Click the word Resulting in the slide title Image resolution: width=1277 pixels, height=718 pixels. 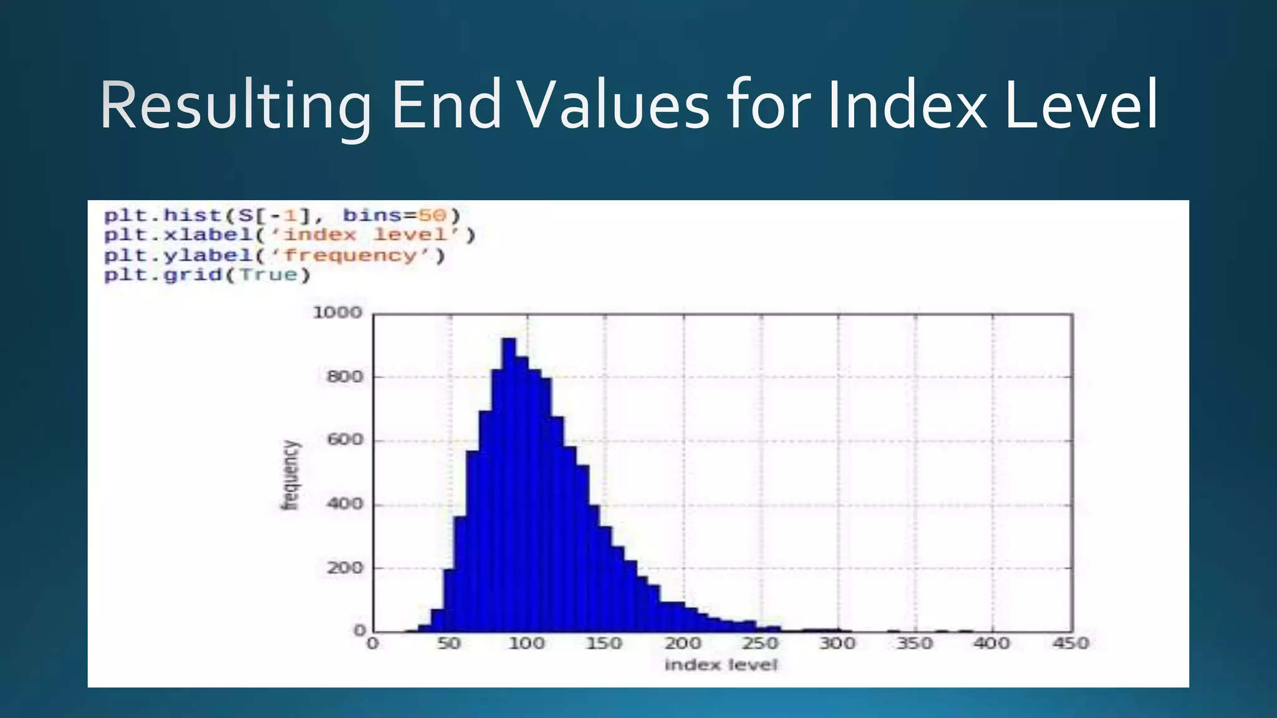[x=235, y=106]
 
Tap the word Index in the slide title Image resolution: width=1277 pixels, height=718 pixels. [x=907, y=106]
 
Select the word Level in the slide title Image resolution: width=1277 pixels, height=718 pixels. [x=1081, y=106]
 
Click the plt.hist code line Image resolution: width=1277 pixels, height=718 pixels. [x=282, y=216]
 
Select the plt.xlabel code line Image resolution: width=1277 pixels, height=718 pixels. [x=289, y=236]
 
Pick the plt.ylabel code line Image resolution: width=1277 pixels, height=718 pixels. [x=274, y=256]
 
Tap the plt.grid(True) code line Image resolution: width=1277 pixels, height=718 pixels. [x=207, y=275]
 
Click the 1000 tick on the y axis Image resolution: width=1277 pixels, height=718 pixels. [x=337, y=313]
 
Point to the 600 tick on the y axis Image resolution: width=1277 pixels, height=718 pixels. [x=345, y=441]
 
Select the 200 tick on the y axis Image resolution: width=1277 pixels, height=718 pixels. [x=345, y=568]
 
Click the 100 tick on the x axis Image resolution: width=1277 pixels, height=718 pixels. [x=527, y=643]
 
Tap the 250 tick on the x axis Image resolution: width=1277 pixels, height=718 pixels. [x=760, y=643]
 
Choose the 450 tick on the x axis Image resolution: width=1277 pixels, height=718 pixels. [x=1071, y=643]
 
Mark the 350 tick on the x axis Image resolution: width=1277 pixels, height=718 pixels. [x=915, y=643]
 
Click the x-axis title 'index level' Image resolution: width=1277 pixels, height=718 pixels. [x=721, y=666]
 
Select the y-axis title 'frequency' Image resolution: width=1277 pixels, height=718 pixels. [x=291, y=475]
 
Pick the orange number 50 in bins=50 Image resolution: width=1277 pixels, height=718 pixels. [x=432, y=216]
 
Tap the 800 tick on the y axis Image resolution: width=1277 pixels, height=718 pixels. [x=345, y=377]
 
